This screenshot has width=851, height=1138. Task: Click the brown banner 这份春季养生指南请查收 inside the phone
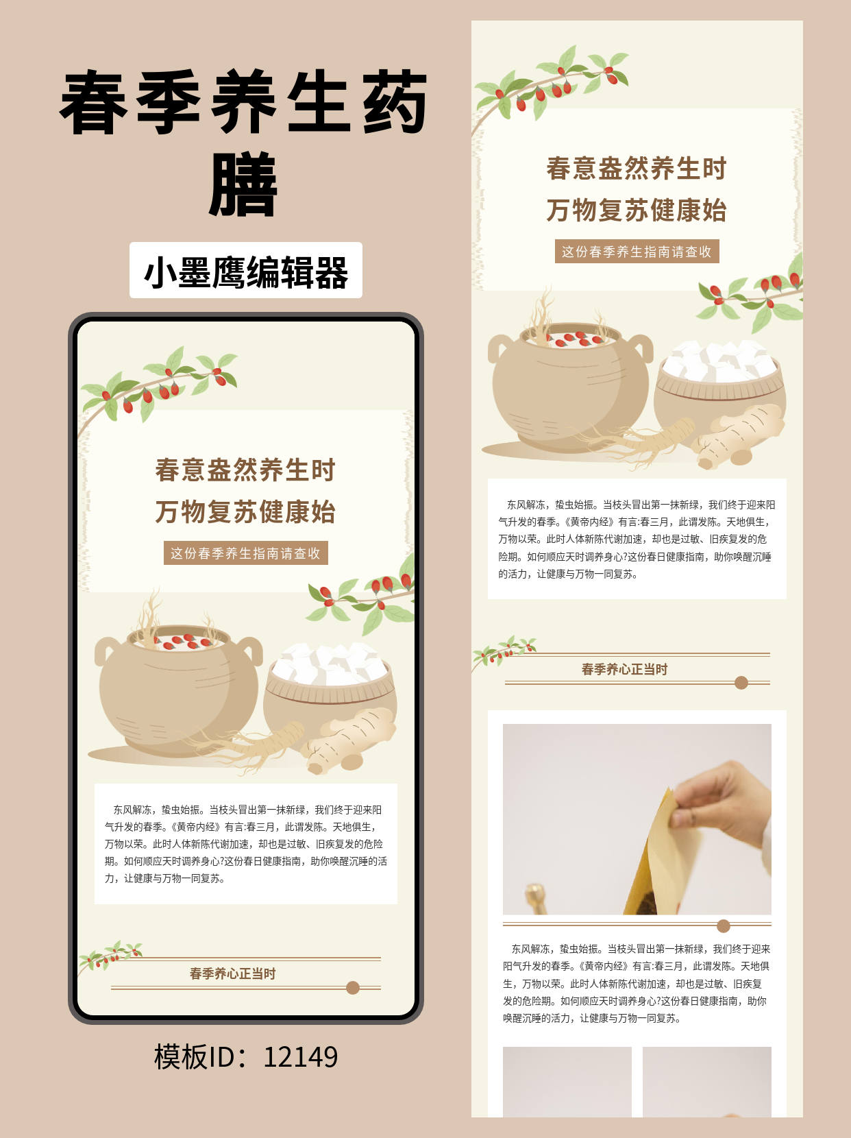point(246,553)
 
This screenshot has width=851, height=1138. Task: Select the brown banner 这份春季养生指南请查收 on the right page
point(637,252)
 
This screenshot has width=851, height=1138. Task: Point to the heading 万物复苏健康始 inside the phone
point(245,512)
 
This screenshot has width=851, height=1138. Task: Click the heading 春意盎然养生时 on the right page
point(637,169)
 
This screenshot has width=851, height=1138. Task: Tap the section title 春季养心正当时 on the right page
point(624,669)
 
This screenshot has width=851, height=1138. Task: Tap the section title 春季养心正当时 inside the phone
point(232,973)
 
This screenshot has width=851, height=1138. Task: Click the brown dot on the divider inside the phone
point(353,988)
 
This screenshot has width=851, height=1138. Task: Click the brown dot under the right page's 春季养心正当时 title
point(741,683)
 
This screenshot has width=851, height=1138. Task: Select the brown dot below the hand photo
point(724,926)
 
